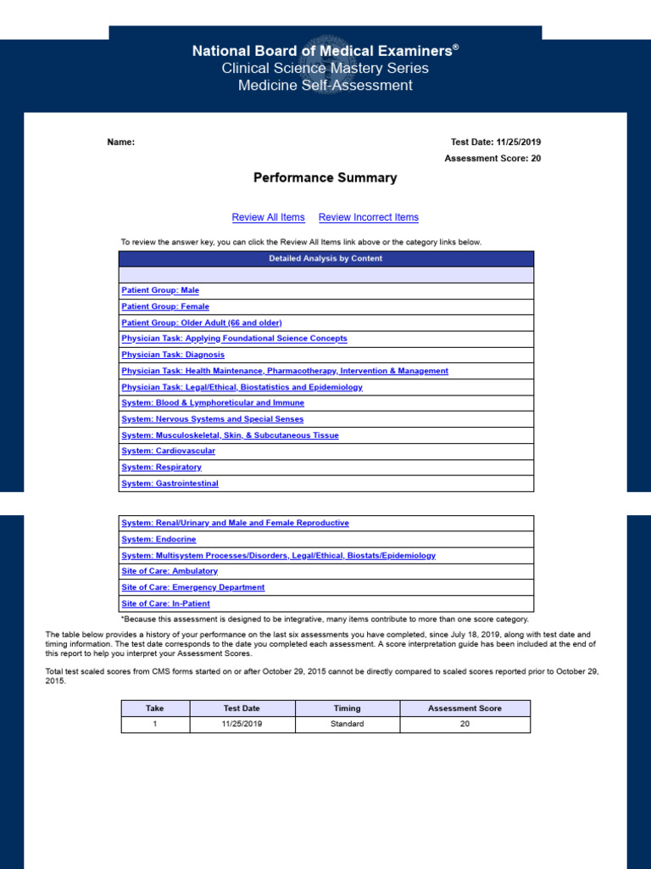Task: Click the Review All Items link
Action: (x=268, y=217)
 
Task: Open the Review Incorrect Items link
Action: (x=368, y=217)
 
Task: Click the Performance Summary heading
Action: (x=325, y=178)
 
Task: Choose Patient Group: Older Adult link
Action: (x=202, y=322)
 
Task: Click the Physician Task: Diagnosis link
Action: (x=173, y=355)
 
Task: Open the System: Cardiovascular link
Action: (x=169, y=451)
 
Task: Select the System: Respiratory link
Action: (x=162, y=467)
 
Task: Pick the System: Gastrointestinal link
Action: (x=170, y=484)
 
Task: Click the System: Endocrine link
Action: (x=159, y=540)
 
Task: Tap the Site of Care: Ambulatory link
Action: (x=170, y=571)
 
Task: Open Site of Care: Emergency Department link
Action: (x=193, y=587)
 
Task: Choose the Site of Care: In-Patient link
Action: (x=166, y=603)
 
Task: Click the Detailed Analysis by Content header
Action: (x=325, y=259)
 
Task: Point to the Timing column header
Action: (x=347, y=708)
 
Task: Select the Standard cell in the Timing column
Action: (x=347, y=724)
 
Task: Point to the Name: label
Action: (x=120, y=143)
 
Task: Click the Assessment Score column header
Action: (x=465, y=708)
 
